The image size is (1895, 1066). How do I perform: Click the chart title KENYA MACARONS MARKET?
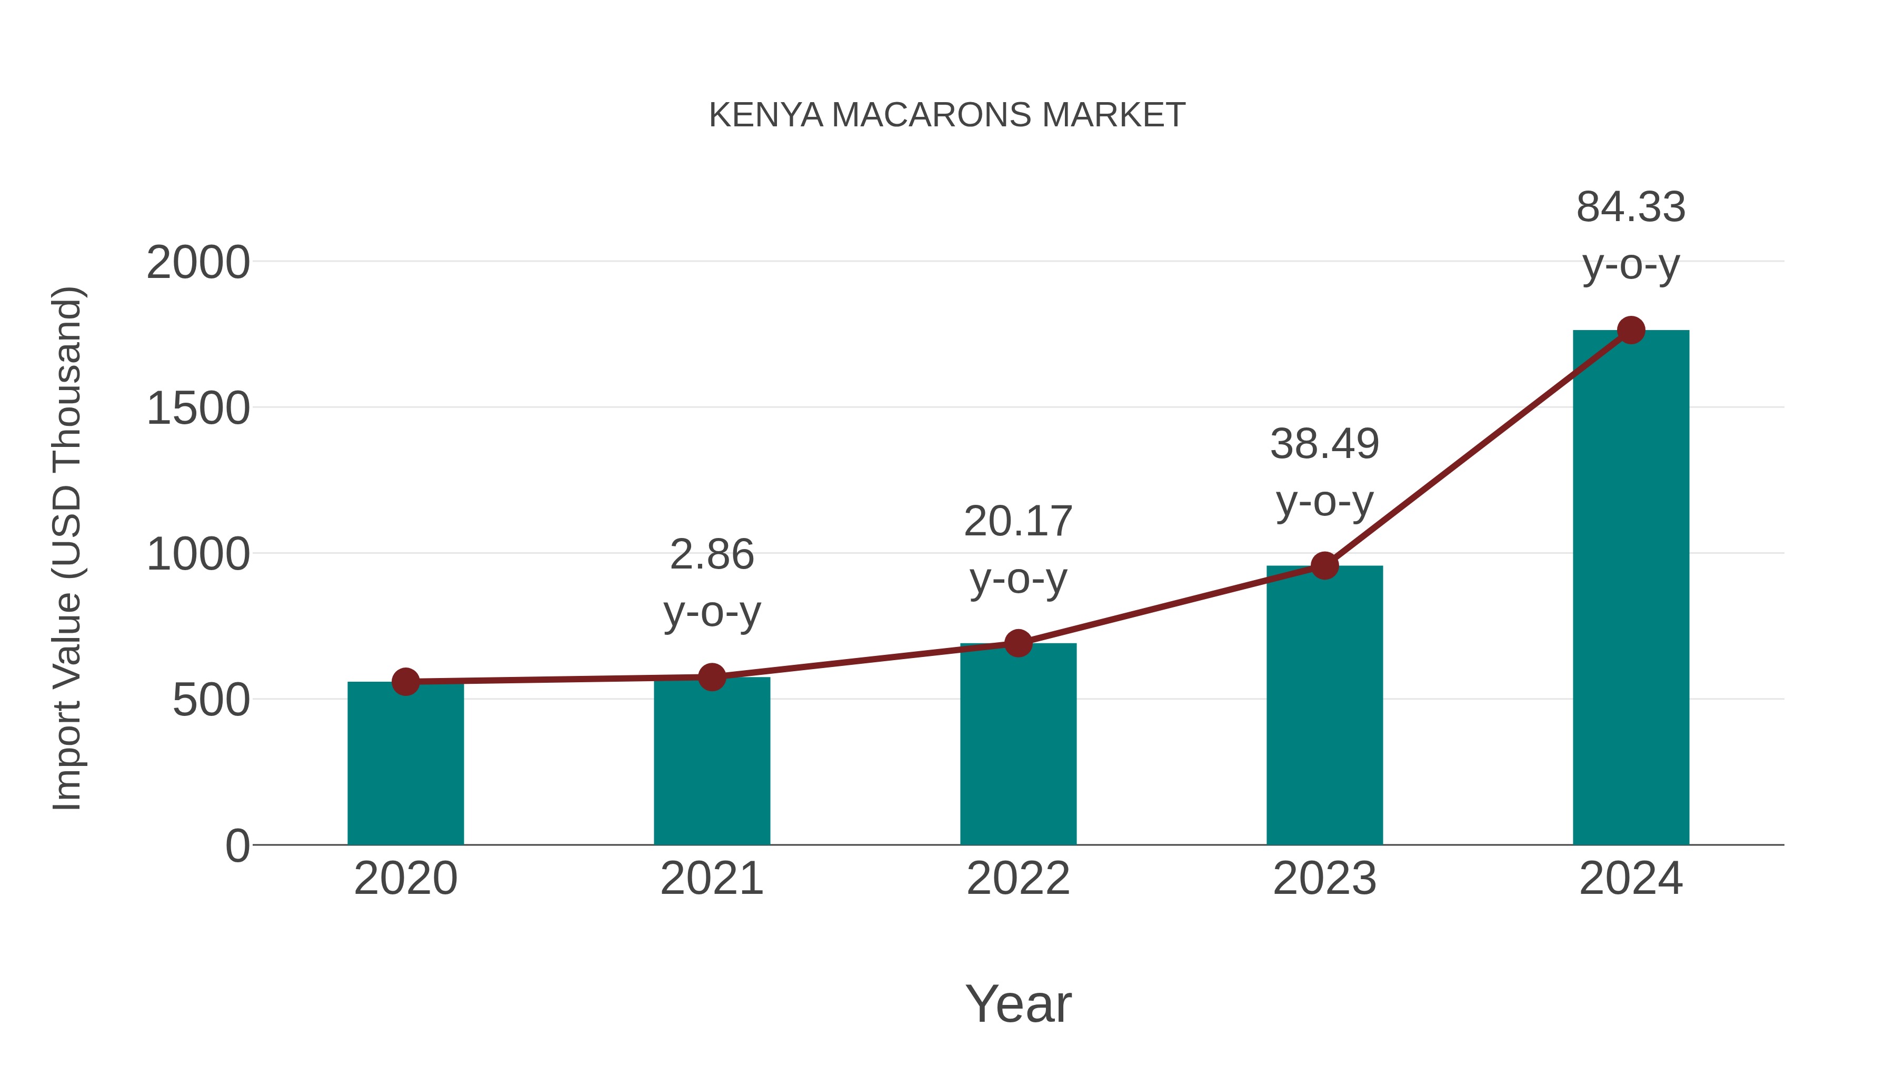[x=947, y=115]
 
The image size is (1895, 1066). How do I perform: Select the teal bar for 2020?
[x=405, y=765]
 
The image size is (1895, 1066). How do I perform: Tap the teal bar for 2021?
[x=711, y=761]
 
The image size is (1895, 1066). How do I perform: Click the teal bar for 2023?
[x=1324, y=706]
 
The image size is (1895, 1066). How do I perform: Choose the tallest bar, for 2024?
[x=1631, y=589]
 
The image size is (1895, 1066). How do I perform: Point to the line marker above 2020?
[x=405, y=682]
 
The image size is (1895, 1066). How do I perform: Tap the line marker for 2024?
[x=1631, y=330]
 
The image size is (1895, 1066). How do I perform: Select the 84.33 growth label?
[x=1631, y=207]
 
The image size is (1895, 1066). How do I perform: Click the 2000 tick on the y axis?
[x=198, y=263]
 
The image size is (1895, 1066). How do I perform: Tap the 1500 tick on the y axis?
[x=198, y=409]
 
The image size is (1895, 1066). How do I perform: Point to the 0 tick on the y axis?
[x=237, y=846]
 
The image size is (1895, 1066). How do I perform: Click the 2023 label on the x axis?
[x=1324, y=879]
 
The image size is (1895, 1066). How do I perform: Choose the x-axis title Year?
[x=1018, y=1004]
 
